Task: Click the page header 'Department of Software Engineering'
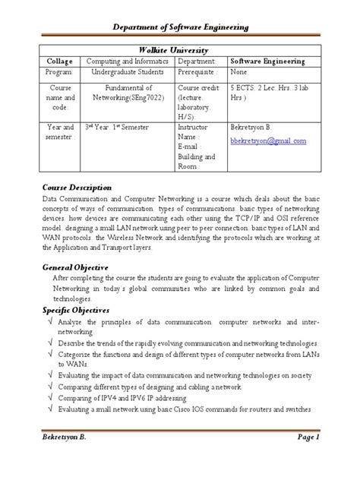pos(180,27)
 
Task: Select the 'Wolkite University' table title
pos(179,47)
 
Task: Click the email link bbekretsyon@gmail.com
pos(268,141)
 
